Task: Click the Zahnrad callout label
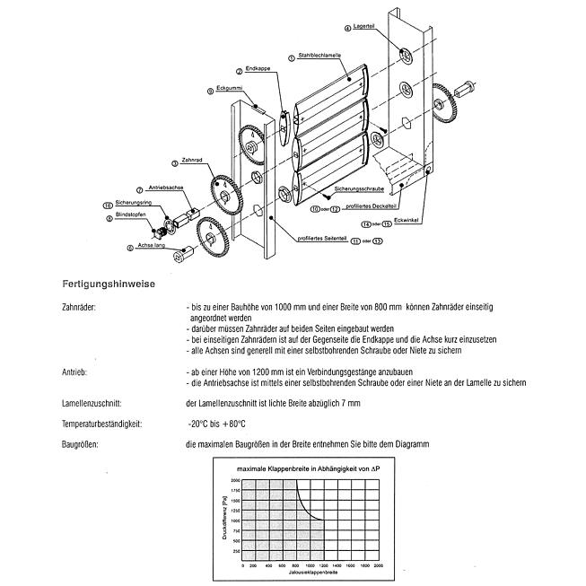tap(190, 160)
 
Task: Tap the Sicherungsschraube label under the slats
tap(356, 191)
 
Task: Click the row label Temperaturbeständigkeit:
tap(101, 423)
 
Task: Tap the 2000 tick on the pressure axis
tap(235, 481)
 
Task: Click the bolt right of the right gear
tap(468, 90)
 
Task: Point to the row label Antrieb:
tap(74, 372)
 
